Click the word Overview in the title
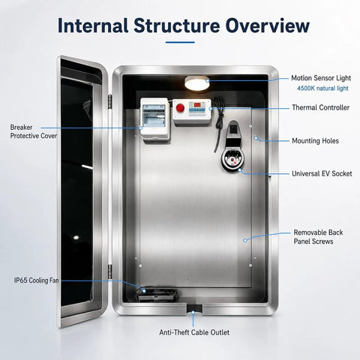tap(268, 25)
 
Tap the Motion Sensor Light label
tap(321, 78)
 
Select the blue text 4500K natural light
tap(322, 88)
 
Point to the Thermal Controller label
tap(321, 107)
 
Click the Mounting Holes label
tap(315, 141)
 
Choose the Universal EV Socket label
tap(322, 173)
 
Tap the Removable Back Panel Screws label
tap(318, 237)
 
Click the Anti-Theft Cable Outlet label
tap(194, 332)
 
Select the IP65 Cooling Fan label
tap(36, 280)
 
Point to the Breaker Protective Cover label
tap(34, 131)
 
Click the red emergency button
tap(180, 108)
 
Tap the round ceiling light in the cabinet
tap(197, 82)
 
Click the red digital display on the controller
tap(197, 105)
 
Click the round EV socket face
tap(232, 159)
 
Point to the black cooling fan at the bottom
tap(157, 293)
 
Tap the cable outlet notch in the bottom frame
tap(194, 308)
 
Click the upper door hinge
tap(109, 101)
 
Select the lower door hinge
tap(109, 271)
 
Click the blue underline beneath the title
tap(180, 43)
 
